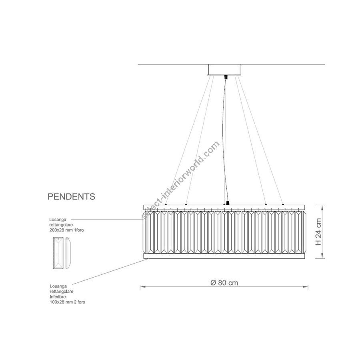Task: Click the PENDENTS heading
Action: pyautogui.click(x=71, y=196)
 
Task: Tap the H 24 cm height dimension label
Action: pyautogui.click(x=319, y=232)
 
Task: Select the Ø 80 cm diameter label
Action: pyautogui.click(x=224, y=283)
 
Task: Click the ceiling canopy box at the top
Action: pyautogui.click(x=224, y=70)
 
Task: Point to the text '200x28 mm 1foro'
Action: pyautogui.click(x=66, y=230)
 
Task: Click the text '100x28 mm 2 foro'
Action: pyautogui.click(x=68, y=302)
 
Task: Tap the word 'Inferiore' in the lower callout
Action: pyautogui.click(x=58, y=297)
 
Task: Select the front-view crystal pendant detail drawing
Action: pyautogui.click(x=58, y=253)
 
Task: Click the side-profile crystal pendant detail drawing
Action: pyautogui.click(x=68, y=253)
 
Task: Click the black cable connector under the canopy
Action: pyautogui.click(x=226, y=77)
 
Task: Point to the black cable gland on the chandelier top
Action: pyautogui.click(x=228, y=203)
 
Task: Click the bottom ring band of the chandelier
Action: pyautogui.click(x=224, y=256)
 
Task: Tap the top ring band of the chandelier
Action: pyautogui.click(x=224, y=207)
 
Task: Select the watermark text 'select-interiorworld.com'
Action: pyautogui.click(x=180, y=180)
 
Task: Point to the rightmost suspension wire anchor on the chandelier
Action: pyautogui.click(x=283, y=204)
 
